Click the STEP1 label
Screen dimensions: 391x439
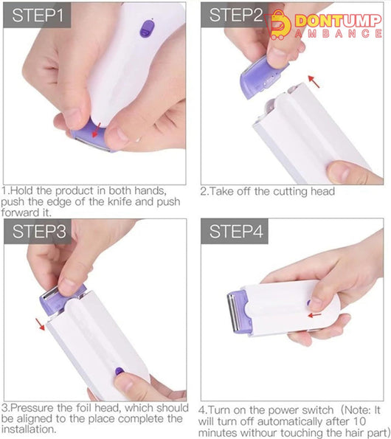click(x=37, y=15)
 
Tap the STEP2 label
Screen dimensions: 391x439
click(x=235, y=15)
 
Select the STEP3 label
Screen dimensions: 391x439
click(x=39, y=232)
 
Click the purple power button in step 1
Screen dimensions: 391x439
click(x=147, y=29)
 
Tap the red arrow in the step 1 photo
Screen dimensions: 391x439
click(x=96, y=131)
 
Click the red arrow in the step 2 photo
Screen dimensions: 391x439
click(x=314, y=81)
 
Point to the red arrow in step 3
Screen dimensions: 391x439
click(x=40, y=324)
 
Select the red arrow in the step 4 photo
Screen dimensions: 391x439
click(x=314, y=315)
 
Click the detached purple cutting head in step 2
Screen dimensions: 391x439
click(x=262, y=76)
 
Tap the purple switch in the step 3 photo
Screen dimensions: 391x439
click(x=120, y=371)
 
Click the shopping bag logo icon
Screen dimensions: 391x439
click(x=278, y=25)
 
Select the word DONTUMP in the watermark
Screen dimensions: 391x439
click(x=338, y=21)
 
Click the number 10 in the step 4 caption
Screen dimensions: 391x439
click(x=360, y=421)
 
